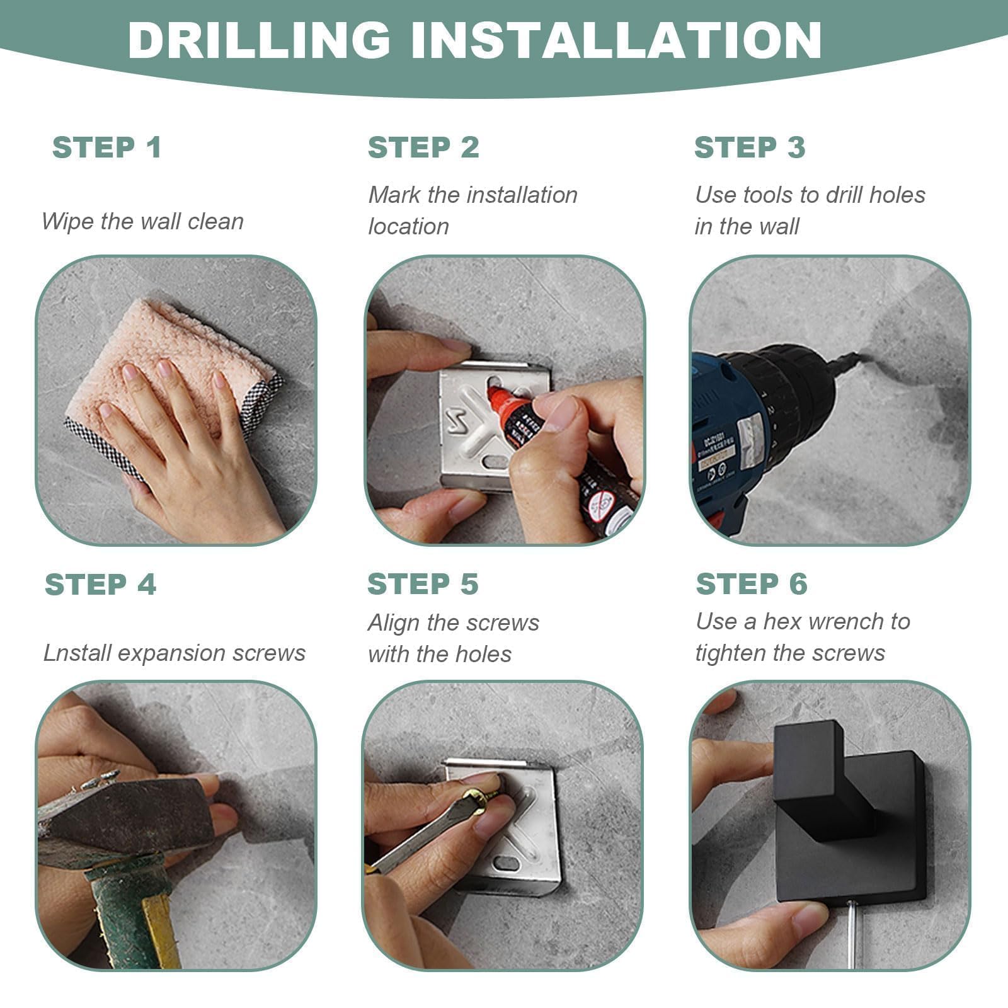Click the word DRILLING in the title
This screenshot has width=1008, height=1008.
[x=260, y=40]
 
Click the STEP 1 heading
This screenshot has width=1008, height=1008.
[x=107, y=147]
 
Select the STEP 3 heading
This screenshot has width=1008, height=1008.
[x=750, y=147]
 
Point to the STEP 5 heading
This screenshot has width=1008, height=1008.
[x=423, y=584]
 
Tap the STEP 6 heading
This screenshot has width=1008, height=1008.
[x=752, y=584]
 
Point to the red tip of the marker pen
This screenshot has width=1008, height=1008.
[x=498, y=398]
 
